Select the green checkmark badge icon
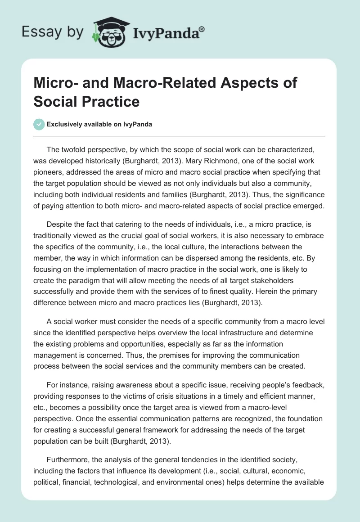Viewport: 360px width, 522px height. click(39, 124)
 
